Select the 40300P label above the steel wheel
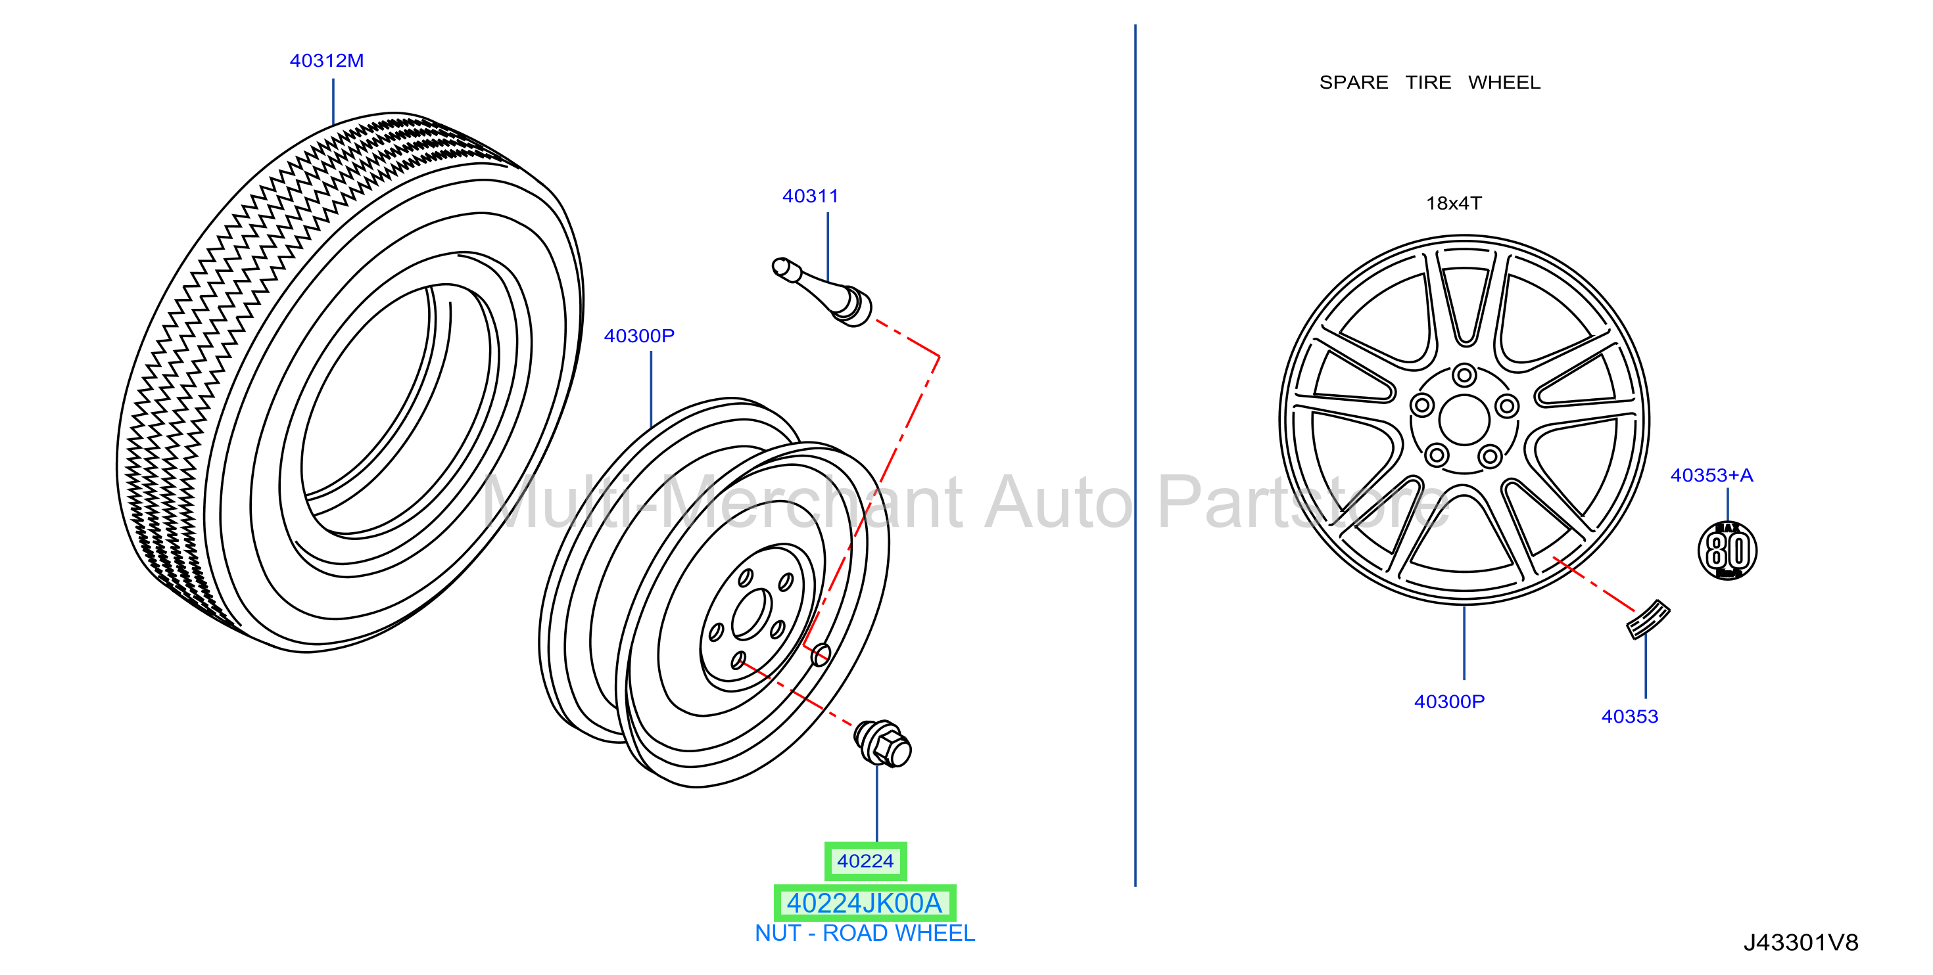tap(638, 336)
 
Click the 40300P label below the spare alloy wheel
tap(1448, 702)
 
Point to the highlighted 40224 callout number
tap(865, 861)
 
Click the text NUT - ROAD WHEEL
tap(865, 934)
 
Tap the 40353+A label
tap(1711, 476)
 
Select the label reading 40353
tap(1629, 717)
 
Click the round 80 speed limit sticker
tap(1727, 551)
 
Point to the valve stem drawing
tap(822, 292)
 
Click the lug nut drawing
tap(882, 743)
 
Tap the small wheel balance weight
tap(1647, 620)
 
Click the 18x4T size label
tap(1454, 204)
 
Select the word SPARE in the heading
tap(1353, 83)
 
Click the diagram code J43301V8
tap(1800, 943)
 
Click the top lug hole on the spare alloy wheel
tap(1464, 375)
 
